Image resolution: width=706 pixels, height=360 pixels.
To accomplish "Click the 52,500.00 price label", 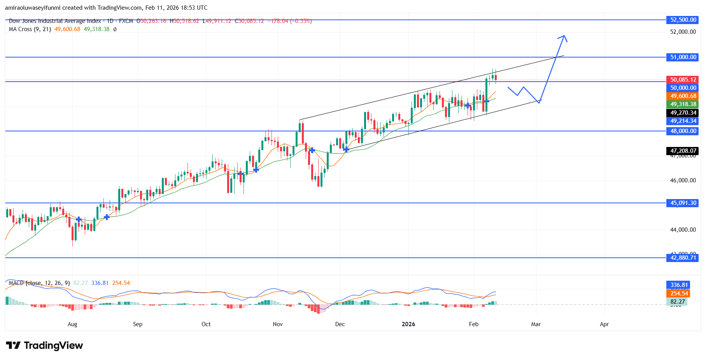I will (x=683, y=20).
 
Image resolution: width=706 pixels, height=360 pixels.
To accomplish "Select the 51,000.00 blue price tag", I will (x=683, y=57).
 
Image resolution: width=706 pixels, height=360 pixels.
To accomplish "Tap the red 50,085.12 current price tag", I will (x=683, y=80).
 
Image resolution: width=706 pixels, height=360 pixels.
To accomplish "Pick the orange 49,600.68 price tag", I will (x=683, y=96).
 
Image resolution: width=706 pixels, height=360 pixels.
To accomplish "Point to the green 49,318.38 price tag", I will (x=683, y=104).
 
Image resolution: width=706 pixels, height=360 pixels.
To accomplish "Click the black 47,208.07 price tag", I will (x=683, y=151).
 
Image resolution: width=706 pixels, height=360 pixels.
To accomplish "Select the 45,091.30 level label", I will (x=683, y=203).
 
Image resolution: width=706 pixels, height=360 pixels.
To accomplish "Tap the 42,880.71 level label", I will (x=683, y=258).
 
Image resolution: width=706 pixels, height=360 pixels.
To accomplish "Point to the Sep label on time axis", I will (x=138, y=324).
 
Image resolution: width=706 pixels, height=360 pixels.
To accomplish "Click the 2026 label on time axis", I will (x=408, y=324).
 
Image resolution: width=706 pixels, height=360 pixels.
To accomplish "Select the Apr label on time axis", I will (x=604, y=324).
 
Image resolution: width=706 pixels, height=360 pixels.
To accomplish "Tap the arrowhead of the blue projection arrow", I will (x=563, y=37).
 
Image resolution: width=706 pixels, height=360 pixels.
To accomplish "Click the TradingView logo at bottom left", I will (x=45, y=346).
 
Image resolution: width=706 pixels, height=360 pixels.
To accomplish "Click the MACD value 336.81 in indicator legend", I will (x=100, y=283).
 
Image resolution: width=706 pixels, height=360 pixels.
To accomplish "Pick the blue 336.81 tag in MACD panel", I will (x=679, y=285).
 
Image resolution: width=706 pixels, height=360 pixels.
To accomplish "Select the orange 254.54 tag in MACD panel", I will (x=679, y=294).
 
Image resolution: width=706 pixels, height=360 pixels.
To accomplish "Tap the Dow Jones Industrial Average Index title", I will (x=55, y=21).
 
